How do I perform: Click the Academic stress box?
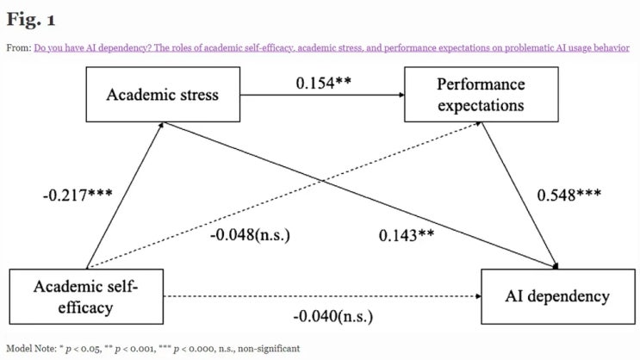(163, 94)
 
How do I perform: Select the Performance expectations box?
(482, 94)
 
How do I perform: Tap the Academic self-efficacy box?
(86, 296)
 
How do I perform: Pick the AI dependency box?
(558, 296)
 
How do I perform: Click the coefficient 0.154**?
(323, 83)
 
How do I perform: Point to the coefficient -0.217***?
(78, 196)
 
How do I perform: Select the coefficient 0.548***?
(569, 196)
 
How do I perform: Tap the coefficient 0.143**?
(407, 235)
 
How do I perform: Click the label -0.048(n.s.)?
(250, 235)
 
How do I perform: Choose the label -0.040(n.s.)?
(333, 316)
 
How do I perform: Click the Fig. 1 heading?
(31, 19)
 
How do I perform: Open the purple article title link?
(332, 47)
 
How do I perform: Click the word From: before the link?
(19, 47)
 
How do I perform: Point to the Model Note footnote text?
(153, 349)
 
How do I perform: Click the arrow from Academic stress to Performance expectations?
(322, 95)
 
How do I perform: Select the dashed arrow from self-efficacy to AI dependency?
(322, 296)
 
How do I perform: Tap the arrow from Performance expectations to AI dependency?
(519, 196)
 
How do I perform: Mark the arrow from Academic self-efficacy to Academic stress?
(125, 196)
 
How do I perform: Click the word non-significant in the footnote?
(269, 349)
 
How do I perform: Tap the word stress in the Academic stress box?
(200, 95)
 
